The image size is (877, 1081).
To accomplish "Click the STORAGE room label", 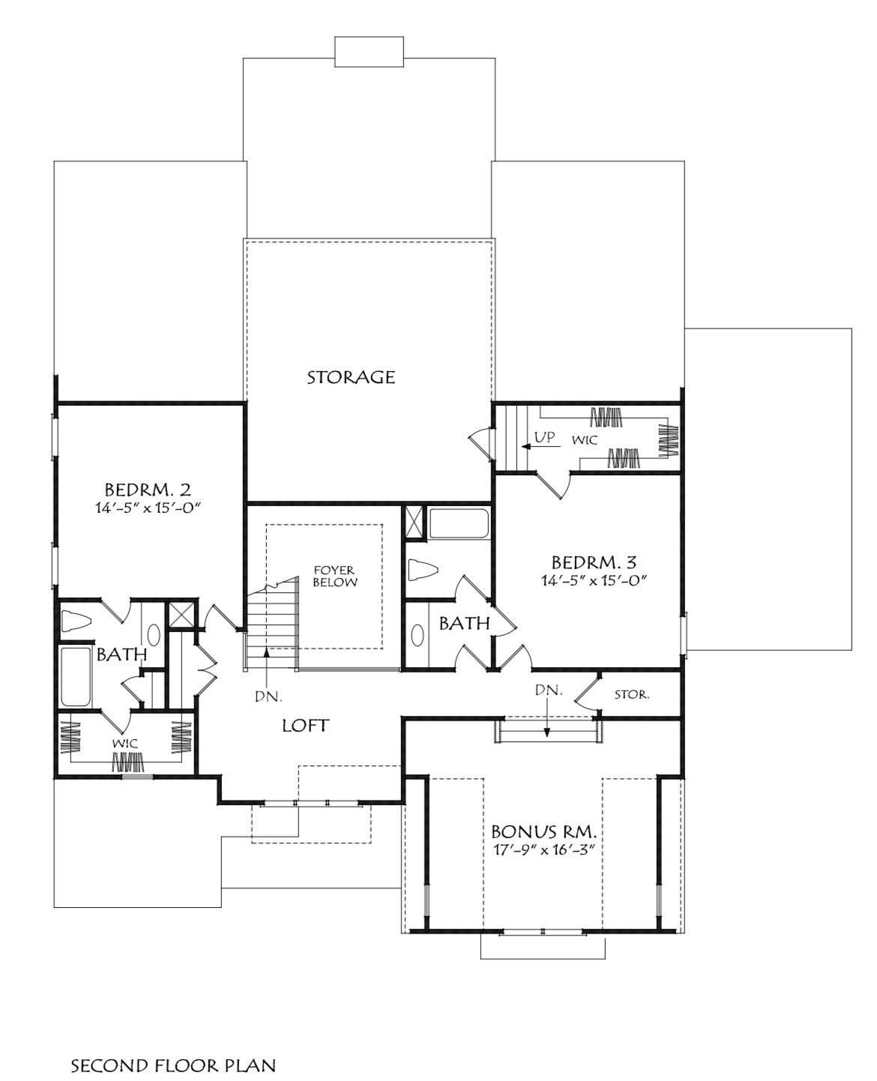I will click(351, 377).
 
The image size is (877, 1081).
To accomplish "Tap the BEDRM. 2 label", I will click(148, 490).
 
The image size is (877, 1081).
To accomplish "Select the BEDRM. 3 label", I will click(594, 561).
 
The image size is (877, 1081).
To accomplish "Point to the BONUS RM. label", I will click(544, 831).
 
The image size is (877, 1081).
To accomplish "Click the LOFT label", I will click(305, 726).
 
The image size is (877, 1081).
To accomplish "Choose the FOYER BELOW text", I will click(335, 576).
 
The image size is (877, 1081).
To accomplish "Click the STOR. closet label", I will click(632, 695).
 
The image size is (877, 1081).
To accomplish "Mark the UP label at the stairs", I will click(545, 437).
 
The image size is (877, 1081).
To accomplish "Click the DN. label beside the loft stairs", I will click(268, 696).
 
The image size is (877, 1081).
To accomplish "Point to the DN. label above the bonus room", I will click(549, 690).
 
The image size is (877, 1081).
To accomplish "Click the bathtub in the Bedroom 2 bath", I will click(74, 677).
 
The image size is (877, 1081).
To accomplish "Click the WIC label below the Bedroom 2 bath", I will click(124, 742).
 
